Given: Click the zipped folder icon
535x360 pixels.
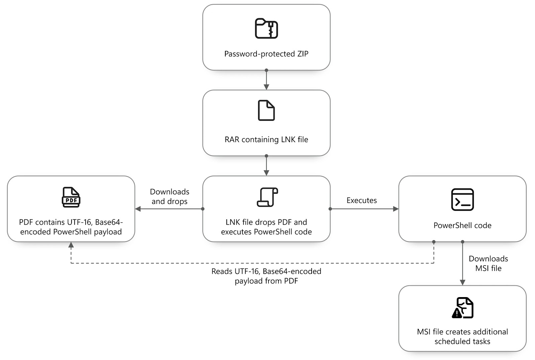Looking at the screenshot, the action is [266, 28].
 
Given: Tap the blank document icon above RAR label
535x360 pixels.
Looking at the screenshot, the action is [266, 110].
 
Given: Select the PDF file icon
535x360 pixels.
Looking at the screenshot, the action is [71, 197].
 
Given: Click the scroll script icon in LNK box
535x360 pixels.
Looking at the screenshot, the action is [267, 197].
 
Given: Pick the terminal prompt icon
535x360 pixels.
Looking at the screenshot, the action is [462, 200].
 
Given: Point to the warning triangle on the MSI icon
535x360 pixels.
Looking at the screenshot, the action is [457, 313].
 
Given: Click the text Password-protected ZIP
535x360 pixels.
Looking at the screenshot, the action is [266, 54].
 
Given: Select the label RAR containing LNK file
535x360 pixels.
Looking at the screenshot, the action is [266, 140].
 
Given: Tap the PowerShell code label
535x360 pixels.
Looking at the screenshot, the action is [462, 226].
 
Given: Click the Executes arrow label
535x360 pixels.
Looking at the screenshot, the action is [361, 200].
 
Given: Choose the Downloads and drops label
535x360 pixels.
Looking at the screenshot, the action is [170, 196].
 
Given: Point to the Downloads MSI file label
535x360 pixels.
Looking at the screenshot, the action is [489, 263].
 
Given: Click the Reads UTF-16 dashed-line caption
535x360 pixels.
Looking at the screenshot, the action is [266, 276].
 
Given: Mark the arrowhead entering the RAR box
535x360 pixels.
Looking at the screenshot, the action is [266, 87].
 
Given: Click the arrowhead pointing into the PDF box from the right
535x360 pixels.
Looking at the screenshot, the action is [138, 209].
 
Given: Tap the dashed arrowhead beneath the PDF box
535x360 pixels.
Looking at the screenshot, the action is [71, 245].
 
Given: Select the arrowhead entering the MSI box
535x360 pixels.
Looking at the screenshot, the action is [462, 283].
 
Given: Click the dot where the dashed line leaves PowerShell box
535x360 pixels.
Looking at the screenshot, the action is [434, 242].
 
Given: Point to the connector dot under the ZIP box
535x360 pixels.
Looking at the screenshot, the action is [266, 70].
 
